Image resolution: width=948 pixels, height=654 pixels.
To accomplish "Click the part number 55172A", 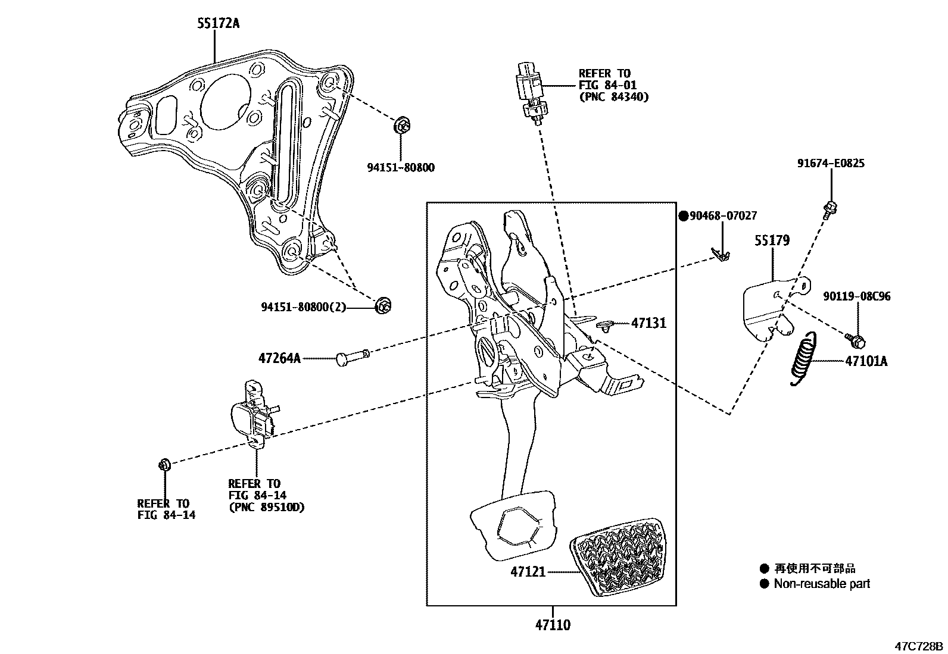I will click(219, 24).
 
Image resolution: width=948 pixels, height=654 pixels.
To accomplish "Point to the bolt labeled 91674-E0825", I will click(830, 209).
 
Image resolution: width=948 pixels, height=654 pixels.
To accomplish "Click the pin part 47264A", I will click(353, 358).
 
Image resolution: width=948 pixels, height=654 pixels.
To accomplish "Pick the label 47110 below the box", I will click(552, 625).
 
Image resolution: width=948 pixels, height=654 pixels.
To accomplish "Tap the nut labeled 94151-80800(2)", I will click(383, 306).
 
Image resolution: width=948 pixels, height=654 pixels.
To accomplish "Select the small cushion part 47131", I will click(605, 325).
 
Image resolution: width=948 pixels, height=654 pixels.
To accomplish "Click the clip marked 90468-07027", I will click(722, 254).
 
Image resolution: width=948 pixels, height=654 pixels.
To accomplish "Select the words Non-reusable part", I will click(822, 584).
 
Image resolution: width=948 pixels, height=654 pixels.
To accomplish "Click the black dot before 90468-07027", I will click(684, 216).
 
